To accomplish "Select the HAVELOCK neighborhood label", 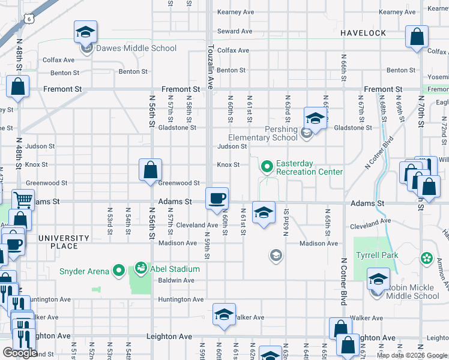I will [363, 32].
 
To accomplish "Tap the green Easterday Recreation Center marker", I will [267, 164].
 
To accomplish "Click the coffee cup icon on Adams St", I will [217, 197].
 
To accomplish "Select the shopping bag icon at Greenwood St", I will [150, 170].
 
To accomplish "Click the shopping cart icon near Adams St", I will [23, 199].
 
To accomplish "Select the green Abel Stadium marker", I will [141, 267].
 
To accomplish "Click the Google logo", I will [20, 352].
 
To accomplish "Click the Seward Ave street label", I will [235, 31].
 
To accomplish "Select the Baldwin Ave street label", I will [176, 280].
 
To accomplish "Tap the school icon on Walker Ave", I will [224, 314].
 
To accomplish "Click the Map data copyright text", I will [412, 355].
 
